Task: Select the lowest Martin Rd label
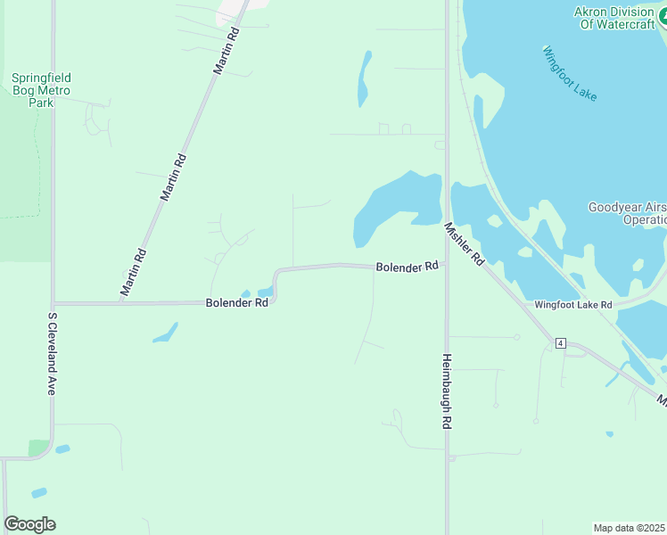click(133, 272)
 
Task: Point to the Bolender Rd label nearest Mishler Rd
click(408, 266)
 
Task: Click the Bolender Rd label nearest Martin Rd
click(237, 302)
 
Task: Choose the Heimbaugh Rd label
click(447, 391)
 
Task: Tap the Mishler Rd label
click(464, 243)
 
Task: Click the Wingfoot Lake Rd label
click(573, 304)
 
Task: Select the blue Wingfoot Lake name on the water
click(570, 73)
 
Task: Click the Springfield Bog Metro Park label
click(41, 90)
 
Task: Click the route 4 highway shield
click(560, 342)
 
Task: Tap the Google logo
click(29, 524)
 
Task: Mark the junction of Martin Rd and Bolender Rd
click(120, 302)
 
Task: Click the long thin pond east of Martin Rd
click(364, 78)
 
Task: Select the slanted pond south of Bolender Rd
click(164, 333)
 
